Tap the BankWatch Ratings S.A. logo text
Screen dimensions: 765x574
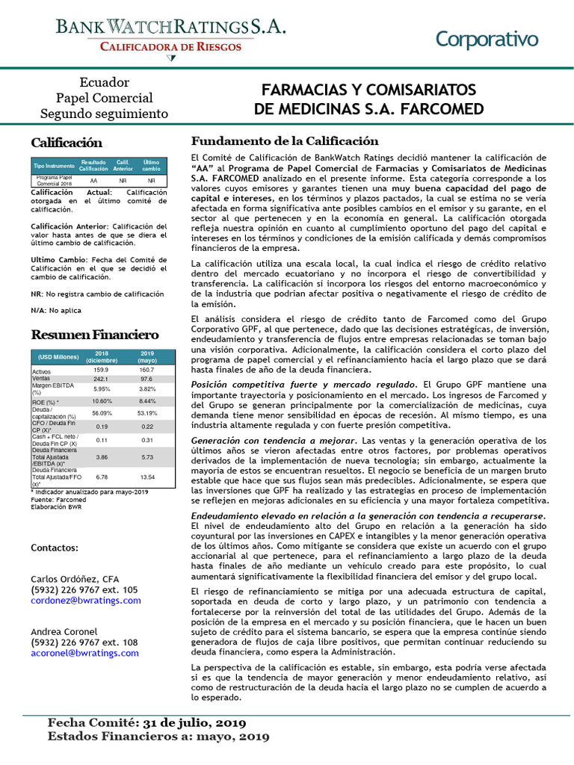tap(171, 28)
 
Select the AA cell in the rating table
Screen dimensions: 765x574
tap(93, 181)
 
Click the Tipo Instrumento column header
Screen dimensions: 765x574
tap(54, 165)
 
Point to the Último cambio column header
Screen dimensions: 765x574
tap(152, 165)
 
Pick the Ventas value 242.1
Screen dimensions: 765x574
tap(102, 379)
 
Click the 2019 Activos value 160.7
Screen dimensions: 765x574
tap(146, 370)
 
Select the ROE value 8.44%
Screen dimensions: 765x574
tap(147, 401)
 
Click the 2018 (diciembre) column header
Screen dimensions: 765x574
tap(102, 356)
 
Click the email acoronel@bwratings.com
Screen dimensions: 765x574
tap(84, 652)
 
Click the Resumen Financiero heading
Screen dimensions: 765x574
tap(94, 335)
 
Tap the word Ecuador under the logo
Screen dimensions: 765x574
tap(105, 82)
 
